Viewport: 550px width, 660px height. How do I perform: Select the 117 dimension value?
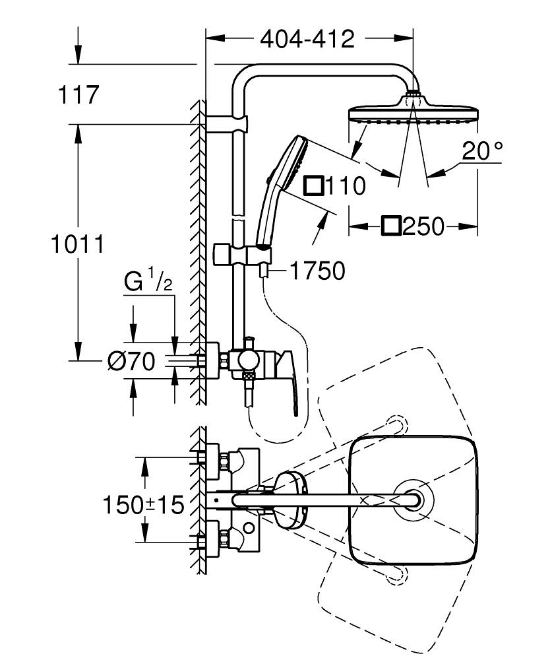pyautogui.click(x=78, y=94)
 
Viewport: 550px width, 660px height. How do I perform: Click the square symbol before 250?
pyautogui.click(x=391, y=226)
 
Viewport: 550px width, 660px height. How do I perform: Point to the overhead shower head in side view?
pyautogui.click(x=412, y=112)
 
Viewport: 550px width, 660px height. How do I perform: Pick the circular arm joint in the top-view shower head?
pyautogui.click(x=414, y=500)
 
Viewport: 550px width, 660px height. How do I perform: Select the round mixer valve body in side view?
pyautogui.click(x=248, y=360)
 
